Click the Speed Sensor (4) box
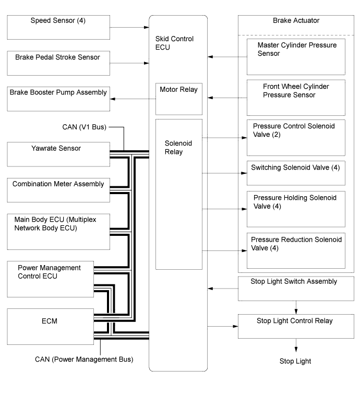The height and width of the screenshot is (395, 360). tap(58, 27)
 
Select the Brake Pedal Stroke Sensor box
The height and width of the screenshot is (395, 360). tap(58, 63)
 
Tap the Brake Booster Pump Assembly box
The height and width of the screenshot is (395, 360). tap(58, 99)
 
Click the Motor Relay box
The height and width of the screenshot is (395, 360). tap(179, 99)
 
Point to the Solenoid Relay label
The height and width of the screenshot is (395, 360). tap(178, 147)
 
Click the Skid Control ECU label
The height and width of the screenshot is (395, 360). tap(174, 43)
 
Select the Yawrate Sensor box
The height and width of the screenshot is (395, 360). tap(58, 154)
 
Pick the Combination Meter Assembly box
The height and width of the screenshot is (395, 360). tap(58, 190)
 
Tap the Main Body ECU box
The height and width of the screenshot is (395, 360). tap(58, 232)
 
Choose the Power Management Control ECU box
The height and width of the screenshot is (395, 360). tap(51, 279)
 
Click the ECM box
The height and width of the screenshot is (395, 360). tap(51, 327)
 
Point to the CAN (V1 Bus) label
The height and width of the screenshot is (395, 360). tap(85, 127)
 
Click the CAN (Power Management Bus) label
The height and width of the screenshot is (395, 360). tap(84, 359)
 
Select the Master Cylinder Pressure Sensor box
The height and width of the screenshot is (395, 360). tap(296, 57)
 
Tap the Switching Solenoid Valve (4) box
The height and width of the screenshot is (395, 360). tap(296, 173)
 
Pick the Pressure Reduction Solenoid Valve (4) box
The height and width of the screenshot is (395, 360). tap(296, 250)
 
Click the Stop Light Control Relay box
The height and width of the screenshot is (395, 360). tap(296, 326)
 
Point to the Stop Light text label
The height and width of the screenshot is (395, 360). tap(295, 361)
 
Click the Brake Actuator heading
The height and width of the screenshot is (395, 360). tap(296, 20)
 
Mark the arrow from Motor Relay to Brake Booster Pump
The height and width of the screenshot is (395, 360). tap(133, 99)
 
